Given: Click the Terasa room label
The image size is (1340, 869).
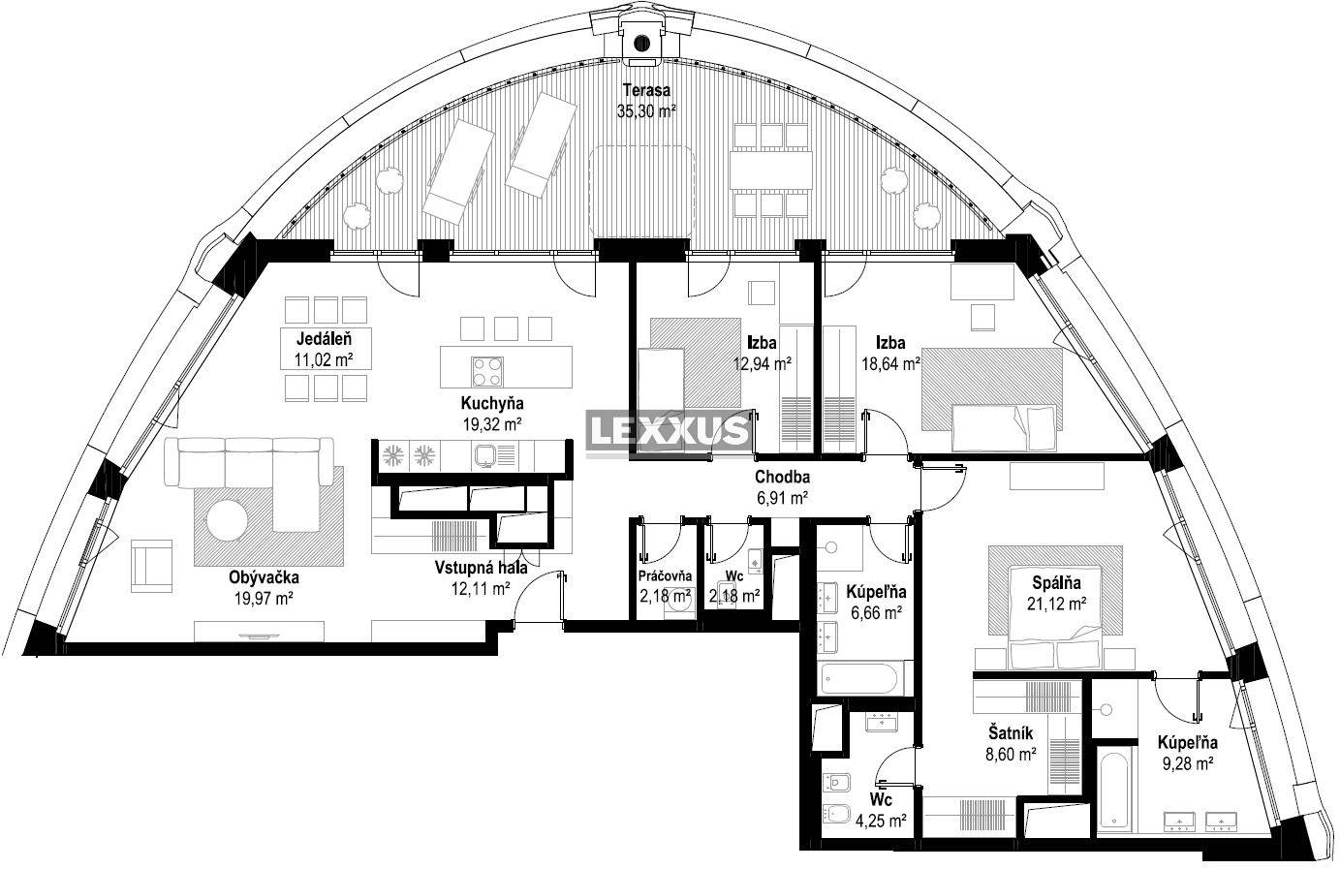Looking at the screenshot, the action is click(646, 90).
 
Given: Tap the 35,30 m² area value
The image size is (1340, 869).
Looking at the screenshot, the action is click(646, 111).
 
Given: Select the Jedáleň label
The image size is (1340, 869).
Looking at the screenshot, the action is click(325, 339).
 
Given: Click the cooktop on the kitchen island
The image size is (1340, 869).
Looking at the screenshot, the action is click(487, 372).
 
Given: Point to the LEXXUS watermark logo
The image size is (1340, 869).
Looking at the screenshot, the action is click(669, 430).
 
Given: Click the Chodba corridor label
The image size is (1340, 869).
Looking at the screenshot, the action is click(783, 478).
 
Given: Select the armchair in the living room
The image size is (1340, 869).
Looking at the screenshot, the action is click(151, 566).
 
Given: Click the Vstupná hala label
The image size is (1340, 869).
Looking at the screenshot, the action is click(481, 568).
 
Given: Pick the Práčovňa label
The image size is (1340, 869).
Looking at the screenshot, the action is click(665, 576).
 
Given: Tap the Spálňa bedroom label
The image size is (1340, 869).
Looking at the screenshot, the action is click(1056, 582).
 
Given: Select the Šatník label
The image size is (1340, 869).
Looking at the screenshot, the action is click(1011, 732).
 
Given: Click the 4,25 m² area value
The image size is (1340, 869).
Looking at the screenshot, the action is click(881, 821).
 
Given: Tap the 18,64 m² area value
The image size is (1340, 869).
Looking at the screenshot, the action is click(890, 363).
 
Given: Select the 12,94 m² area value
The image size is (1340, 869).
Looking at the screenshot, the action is click(763, 363).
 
